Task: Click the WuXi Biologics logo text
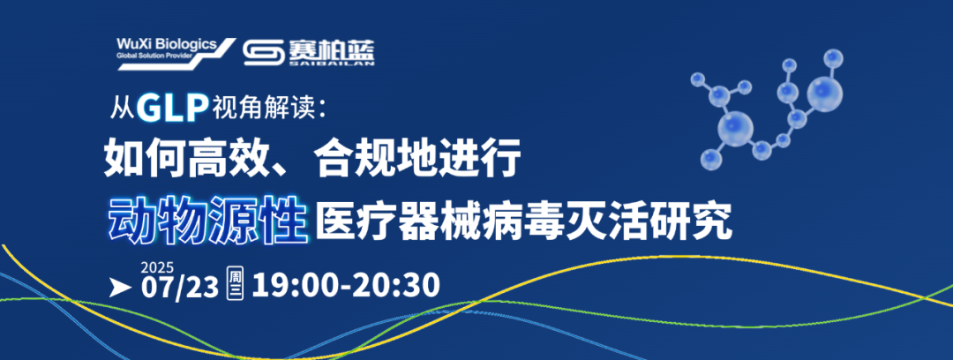point(166,44)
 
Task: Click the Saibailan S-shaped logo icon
point(264,53)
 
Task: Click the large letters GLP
point(171,109)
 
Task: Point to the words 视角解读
point(260,109)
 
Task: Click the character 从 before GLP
point(123,109)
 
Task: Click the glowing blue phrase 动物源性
point(207,218)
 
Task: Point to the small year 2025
point(157,267)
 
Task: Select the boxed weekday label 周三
point(235,284)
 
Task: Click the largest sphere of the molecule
point(735,128)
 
